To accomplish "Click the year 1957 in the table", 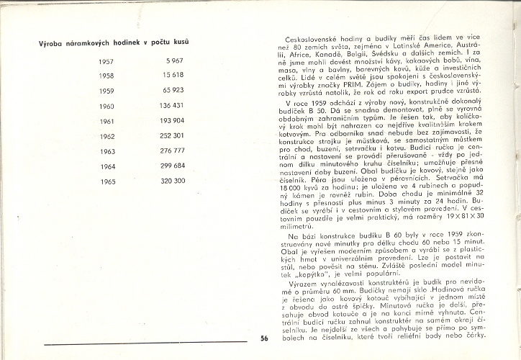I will [x=107, y=62].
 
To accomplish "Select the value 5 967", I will [x=175, y=62].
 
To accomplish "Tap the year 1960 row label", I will [x=107, y=106].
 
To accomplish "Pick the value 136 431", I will [x=171, y=106].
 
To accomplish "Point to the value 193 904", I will [x=171, y=121].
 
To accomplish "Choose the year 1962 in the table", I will [x=107, y=136].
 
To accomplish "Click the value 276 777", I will [x=171, y=151].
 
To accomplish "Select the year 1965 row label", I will [x=107, y=181].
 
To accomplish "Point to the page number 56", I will [x=264, y=339].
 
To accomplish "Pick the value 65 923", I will [x=173, y=91].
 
